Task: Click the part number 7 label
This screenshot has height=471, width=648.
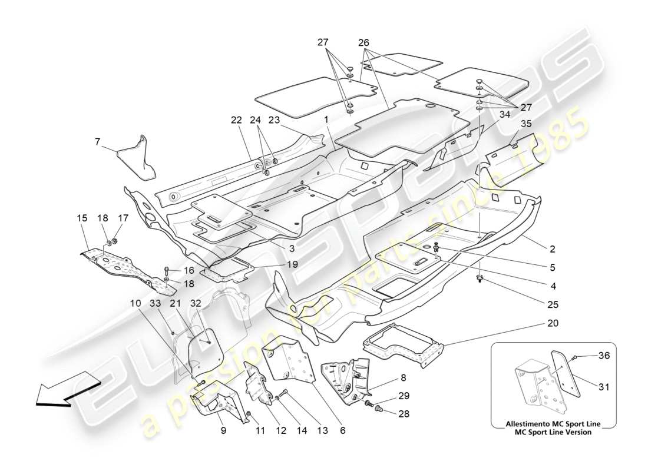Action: pos(98,141)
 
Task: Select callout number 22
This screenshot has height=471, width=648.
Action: pos(236,120)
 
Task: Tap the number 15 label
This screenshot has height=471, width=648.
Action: pos(82,218)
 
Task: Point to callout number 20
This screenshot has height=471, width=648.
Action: pos(553,323)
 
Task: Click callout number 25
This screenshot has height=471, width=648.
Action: pos(553,304)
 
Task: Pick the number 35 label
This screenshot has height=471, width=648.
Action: pos(526,124)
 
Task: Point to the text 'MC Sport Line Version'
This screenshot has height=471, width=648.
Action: pos(553,432)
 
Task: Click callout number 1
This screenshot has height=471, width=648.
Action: pos(325,120)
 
